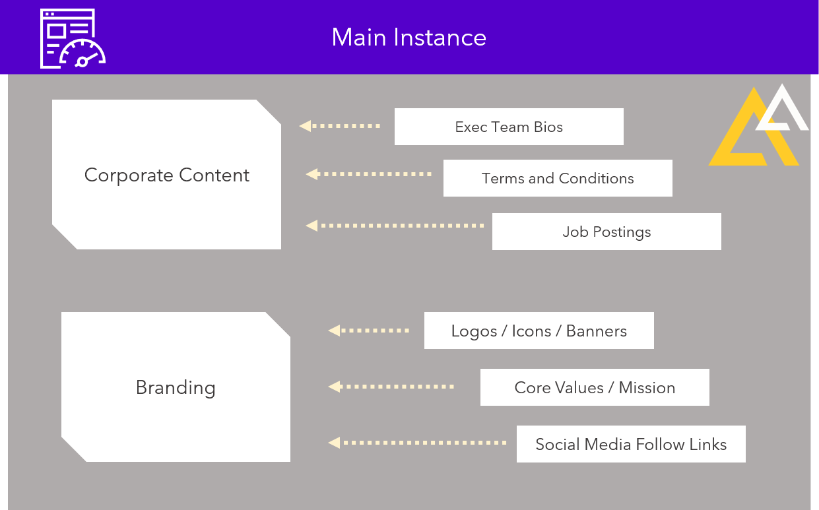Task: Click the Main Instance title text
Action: [409, 38]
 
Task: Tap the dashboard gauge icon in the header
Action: [73, 38]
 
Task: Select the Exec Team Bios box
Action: [509, 127]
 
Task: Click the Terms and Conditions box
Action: [558, 178]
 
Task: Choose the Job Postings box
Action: [606, 232]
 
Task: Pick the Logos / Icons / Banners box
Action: [539, 331]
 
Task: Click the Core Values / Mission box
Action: [595, 387]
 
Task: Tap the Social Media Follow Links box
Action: [631, 444]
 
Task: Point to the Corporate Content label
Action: [167, 175]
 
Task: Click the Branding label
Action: [176, 387]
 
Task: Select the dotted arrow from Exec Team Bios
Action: [340, 126]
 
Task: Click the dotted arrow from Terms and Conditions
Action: [369, 174]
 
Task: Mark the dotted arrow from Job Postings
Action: [395, 226]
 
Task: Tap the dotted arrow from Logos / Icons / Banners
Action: [369, 331]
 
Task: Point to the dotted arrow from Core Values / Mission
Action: [391, 387]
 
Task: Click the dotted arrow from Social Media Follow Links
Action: [418, 443]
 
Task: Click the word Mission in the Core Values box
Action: [647, 387]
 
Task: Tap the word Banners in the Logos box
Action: [597, 331]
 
